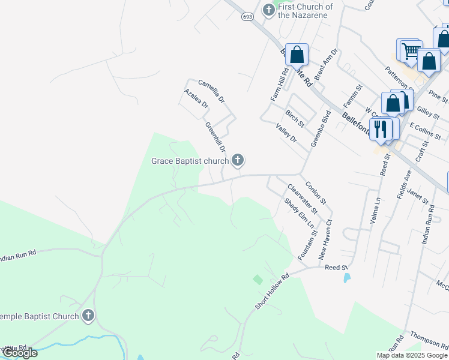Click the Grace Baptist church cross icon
(238, 160)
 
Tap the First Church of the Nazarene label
(306, 11)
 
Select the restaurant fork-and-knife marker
(381, 129)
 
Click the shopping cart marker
(409, 52)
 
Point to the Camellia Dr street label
(211, 91)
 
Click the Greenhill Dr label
(215, 137)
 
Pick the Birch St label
(295, 118)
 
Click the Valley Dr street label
(286, 133)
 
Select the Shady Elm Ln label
(300, 217)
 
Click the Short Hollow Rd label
(272, 292)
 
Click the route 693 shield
(247, 17)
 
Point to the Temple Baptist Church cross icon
(88, 316)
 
